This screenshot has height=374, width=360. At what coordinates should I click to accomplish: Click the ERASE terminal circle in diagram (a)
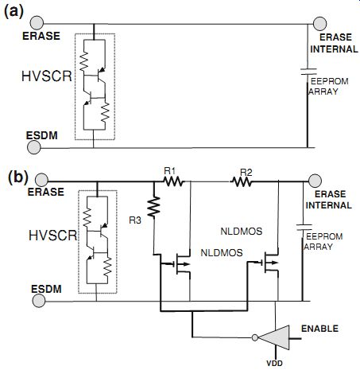[37, 23]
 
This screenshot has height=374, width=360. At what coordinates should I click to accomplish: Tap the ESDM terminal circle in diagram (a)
[34, 147]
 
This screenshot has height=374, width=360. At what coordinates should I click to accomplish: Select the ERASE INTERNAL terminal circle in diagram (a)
[319, 24]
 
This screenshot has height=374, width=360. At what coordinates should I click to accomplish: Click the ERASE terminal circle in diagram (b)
[41, 181]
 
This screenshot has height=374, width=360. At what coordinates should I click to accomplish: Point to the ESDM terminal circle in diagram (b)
[39, 301]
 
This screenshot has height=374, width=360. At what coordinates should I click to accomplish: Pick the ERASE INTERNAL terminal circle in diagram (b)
[315, 181]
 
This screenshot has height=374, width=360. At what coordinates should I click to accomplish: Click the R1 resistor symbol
[173, 181]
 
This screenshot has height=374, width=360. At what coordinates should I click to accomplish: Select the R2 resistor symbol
[242, 182]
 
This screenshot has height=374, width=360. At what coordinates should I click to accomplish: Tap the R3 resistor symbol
[153, 207]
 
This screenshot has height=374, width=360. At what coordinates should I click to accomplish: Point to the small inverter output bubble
[255, 337]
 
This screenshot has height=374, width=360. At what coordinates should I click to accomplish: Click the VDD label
[274, 363]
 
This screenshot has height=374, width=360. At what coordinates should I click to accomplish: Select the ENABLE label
[319, 329]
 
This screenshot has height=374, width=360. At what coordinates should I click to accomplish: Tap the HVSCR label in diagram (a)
[47, 76]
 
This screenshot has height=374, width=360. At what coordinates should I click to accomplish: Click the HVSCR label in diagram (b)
[53, 236]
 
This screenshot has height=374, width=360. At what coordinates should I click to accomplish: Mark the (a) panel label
[14, 12]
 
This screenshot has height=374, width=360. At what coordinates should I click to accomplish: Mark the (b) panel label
[18, 177]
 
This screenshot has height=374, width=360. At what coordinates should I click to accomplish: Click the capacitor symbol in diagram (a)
[308, 72]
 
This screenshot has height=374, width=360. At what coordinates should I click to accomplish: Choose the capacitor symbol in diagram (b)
[304, 227]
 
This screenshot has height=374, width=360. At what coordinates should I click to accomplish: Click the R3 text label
[135, 220]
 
